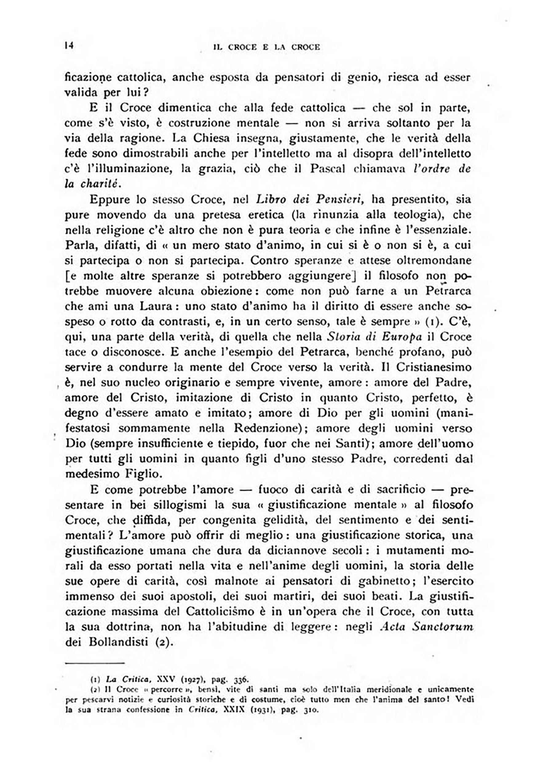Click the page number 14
click(69, 45)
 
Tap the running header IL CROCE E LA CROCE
click(267, 47)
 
